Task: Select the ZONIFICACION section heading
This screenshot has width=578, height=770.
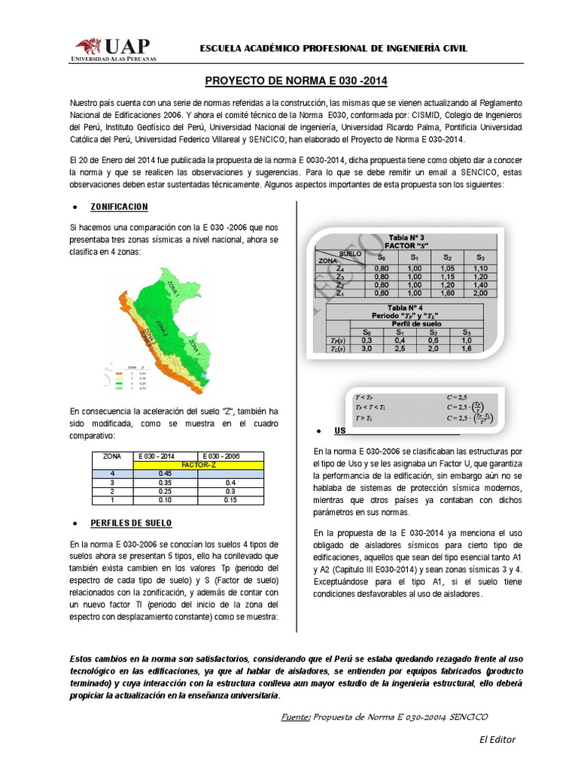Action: (x=119, y=206)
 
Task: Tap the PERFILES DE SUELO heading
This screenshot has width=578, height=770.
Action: (x=131, y=522)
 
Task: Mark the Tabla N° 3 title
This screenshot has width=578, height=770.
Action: (x=406, y=235)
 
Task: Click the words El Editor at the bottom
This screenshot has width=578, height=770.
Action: (x=497, y=739)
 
